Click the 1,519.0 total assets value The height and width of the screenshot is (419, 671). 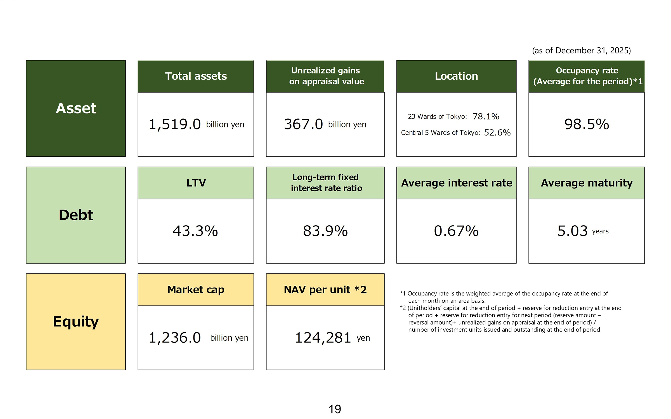click(x=174, y=124)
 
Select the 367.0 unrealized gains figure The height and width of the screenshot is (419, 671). click(x=303, y=124)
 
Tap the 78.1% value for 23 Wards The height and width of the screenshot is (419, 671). click(x=486, y=117)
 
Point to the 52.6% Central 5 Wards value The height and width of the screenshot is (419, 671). click(x=497, y=132)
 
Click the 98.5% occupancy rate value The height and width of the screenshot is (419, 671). click(x=587, y=124)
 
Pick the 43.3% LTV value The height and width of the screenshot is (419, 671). click(x=195, y=231)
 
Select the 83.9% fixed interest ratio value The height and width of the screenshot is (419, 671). click(x=325, y=231)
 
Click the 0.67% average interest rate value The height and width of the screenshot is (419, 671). click(x=456, y=231)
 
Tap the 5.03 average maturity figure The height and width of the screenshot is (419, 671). click(x=573, y=231)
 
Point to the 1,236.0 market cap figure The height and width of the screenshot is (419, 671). click(x=174, y=338)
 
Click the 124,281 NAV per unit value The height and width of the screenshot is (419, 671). click(x=323, y=338)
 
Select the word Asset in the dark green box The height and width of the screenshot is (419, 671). click(x=76, y=108)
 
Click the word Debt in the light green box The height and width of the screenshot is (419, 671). click(x=76, y=215)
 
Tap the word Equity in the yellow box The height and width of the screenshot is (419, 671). click(x=76, y=322)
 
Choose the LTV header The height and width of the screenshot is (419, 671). click(x=196, y=183)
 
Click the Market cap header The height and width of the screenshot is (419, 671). click(x=196, y=290)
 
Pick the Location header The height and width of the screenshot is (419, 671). click(x=456, y=76)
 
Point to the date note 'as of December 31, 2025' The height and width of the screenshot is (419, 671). click(x=581, y=51)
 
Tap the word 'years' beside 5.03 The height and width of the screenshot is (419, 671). click(x=600, y=231)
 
